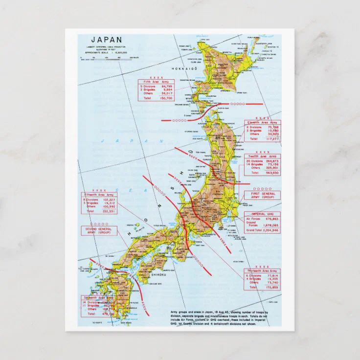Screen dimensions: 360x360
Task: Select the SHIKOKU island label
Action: (x=158, y=275)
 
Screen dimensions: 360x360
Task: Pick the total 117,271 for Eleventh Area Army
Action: (x=270, y=138)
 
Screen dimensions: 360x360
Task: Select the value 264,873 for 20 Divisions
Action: (x=270, y=161)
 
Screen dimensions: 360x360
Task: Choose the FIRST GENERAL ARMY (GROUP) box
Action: (x=262, y=196)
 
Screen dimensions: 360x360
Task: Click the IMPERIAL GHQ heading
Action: (x=262, y=214)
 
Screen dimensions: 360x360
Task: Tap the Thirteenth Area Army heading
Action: (x=263, y=270)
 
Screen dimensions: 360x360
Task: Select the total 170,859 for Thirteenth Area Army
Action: (x=270, y=288)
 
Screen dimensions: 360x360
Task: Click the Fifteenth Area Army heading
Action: (x=100, y=194)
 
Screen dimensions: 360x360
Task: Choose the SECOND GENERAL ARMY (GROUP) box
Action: (x=99, y=231)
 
